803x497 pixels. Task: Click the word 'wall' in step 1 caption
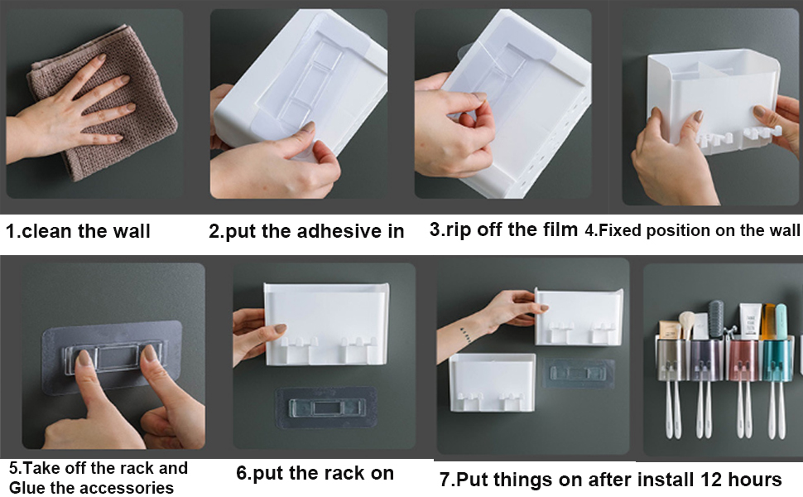click(132, 231)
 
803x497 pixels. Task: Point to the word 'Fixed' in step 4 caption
click(620, 230)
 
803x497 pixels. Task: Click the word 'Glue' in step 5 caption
click(26, 487)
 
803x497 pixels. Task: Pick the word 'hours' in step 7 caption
click(755, 480)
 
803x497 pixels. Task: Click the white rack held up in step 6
click(327, 324)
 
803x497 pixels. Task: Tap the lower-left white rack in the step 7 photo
click(492, 382)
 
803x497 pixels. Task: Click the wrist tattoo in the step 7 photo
click(465, 335)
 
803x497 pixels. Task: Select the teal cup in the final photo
click(777, 359)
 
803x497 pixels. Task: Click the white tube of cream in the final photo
click(748, 321)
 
